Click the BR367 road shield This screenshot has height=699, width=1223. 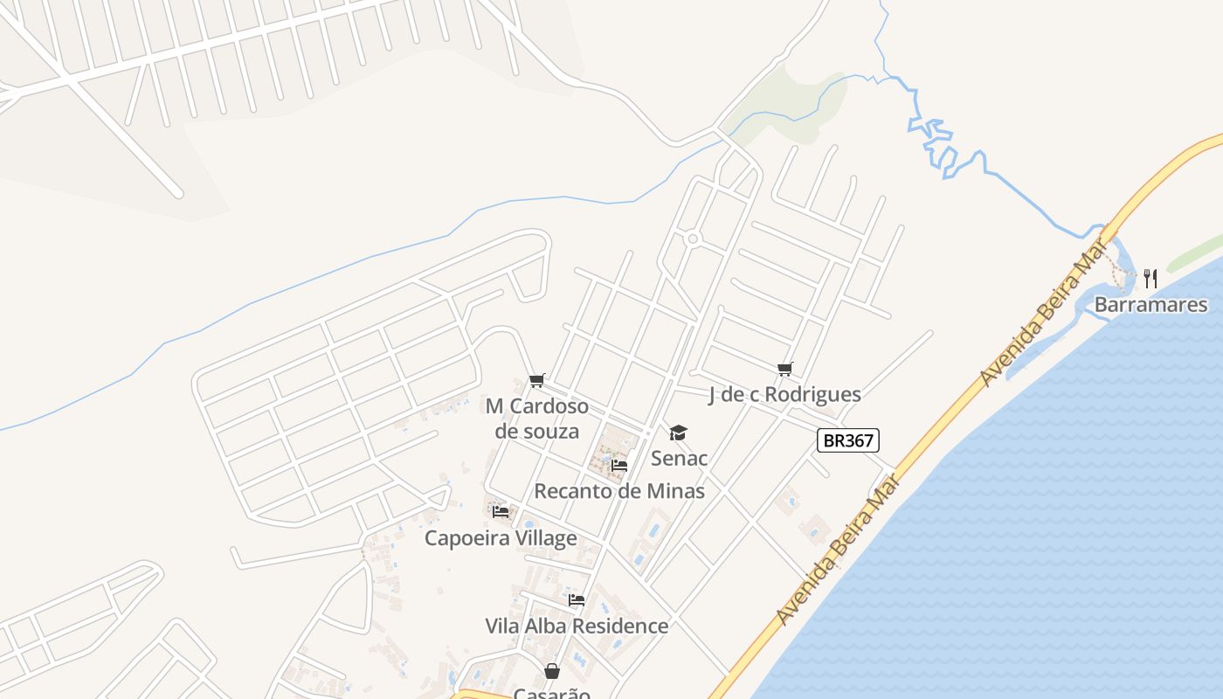tap(847, 440)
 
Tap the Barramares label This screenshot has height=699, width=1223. tap(1150, 305)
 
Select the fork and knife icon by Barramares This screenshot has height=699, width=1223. tap(1150, 279)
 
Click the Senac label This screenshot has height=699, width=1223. tap(679, 458)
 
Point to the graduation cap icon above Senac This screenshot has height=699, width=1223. tap(678, 433)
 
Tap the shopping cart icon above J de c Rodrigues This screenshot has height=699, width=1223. tap(784, 369)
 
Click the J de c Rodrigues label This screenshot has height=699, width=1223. tap(784, 395)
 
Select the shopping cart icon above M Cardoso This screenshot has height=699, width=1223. tap(536, 380)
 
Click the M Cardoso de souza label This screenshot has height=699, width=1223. tap(537, 419)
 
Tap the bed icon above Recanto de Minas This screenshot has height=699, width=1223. tap(619, 465)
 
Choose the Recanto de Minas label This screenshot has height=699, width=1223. tap(619, 491)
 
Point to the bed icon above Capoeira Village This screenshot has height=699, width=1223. tap(501, 511)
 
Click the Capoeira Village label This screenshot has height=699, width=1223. tap(501, 538)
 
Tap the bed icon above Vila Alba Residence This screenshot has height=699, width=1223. tap(577, 600)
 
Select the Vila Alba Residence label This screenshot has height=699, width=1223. tap(577, 626)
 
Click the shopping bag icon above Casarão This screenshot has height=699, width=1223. tap(552, 671)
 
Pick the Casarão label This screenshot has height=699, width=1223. tap(552, 693)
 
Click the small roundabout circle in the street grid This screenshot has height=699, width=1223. tap(693, 239)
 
